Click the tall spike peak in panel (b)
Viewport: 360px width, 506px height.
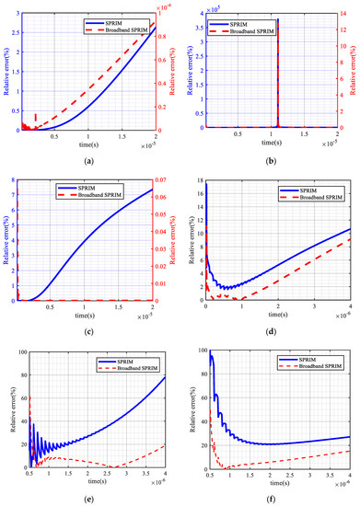pos(277,18)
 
